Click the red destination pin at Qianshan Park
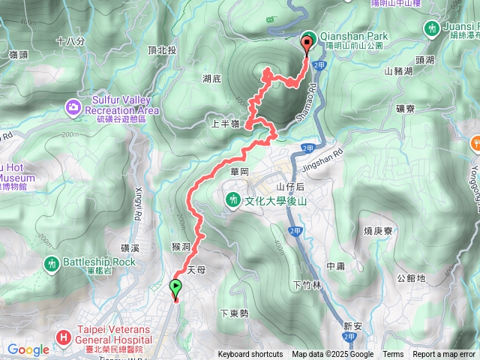pyautogui.click(x=307, y=43)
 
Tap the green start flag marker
pyautogui.click(x=175, y=287)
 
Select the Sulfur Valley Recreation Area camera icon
pyautogui.click(x=73, y=106)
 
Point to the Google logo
pyautogui.click(x=28, y=349)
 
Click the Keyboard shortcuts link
pyautogui.click(x=250, y=355)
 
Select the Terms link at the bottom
pyautogui.click(x=392, y=355)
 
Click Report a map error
pyautogui.click(x=444, y=355)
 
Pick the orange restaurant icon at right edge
pyautogui.click(x=475, y=142)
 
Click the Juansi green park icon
pyautogui.click(x=431, y=28)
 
